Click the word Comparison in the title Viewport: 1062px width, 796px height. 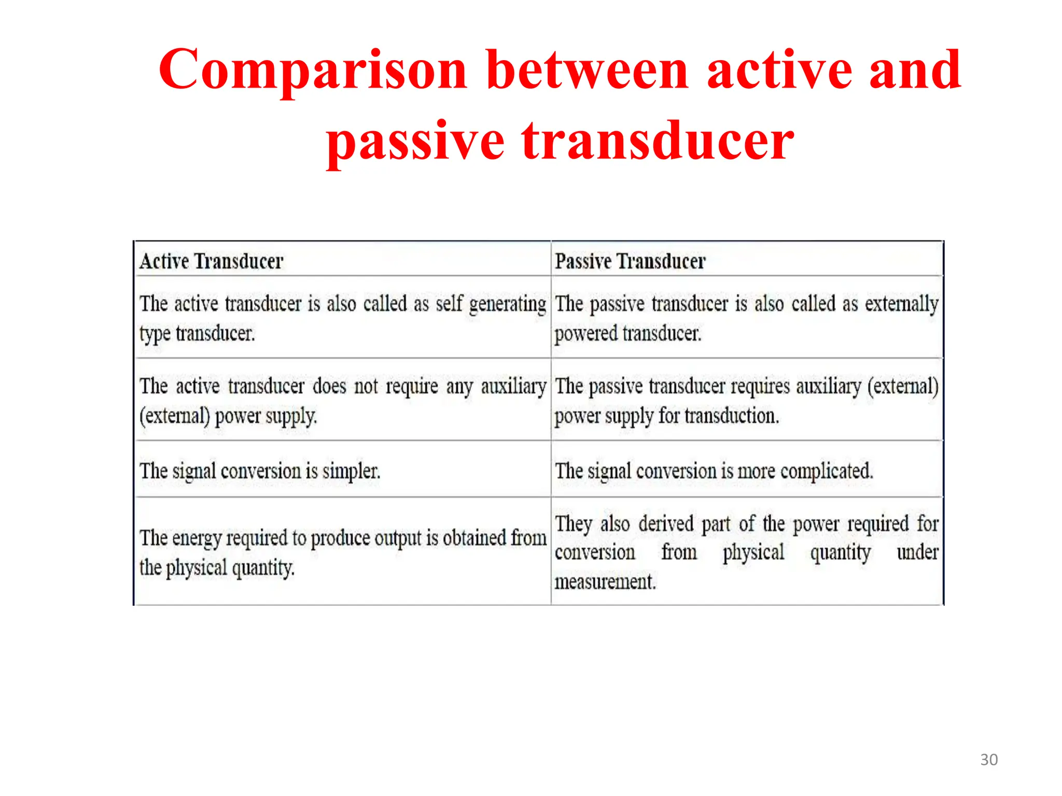[313, 70]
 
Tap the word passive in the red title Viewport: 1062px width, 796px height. [415, 141]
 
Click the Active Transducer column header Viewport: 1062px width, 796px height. [212, 261]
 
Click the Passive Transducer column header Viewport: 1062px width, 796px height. [630, 261]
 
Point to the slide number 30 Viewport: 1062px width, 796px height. [988, 760]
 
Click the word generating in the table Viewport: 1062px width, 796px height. [507, 304]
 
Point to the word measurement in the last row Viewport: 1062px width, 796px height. [605, 581]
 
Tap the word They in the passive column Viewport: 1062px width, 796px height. [574, 524]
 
